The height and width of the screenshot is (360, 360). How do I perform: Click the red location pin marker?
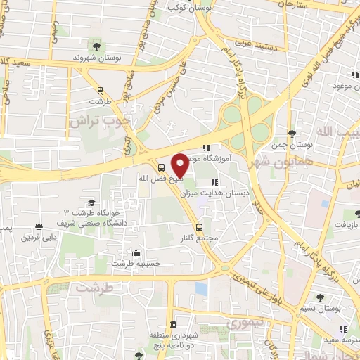click(x=180, y=165)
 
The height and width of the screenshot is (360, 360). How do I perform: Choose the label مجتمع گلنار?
click(x=199, y=237)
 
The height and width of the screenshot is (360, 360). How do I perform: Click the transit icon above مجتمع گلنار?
click(x=200, y=226)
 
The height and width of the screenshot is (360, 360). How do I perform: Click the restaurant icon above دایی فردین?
click(x=38, y=226)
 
